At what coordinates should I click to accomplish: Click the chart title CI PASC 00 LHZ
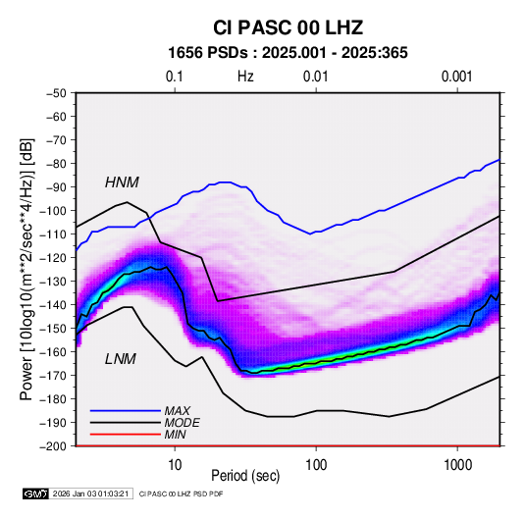coord(288,27)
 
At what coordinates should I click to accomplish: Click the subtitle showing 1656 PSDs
coord(288,53)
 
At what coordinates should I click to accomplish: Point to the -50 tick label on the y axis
coord(57,93)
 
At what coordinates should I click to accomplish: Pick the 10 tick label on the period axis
coord(175,465)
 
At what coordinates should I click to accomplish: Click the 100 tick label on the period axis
coord(316,465)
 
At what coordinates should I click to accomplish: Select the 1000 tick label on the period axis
coord(457,465)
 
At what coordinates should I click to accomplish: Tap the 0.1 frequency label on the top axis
coord(175,77)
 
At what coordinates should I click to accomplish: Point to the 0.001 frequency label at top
coord(456,77)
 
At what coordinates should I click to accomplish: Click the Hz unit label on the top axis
coord(245,77)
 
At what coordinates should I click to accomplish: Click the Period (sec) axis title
coord(245,476)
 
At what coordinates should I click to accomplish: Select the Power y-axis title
coord(26,269)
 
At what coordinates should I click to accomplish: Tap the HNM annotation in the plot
coord(122,182)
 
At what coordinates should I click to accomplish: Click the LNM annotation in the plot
coord(121,359)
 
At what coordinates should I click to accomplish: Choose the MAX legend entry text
coord(178,411)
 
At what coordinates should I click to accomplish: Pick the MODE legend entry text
coord(183,423)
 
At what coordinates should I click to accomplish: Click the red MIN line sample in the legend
coord(126,435)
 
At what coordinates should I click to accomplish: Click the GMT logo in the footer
coord(35,493)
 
